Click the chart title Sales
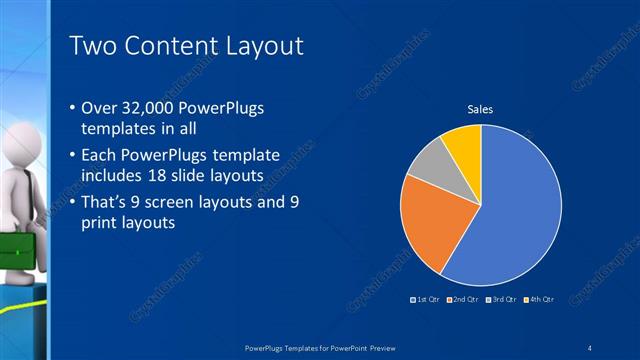coord(481,110)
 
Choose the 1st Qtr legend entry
coord(425,299)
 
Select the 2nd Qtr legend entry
coord(461,299)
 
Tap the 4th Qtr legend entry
coord(538,299)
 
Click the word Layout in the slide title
coord(262,46)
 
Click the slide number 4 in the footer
coord(591,347)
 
